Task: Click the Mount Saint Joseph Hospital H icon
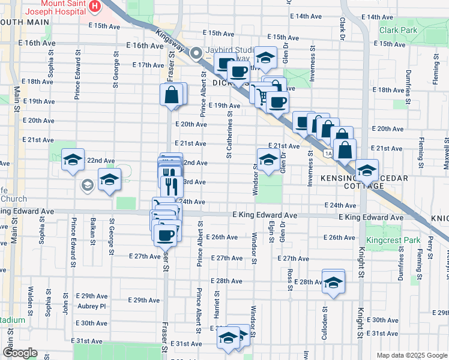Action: [94, 7]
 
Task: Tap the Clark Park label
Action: [398, 29]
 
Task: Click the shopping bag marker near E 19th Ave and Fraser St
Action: [172, 94]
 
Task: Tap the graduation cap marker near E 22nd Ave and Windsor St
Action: [268, 160]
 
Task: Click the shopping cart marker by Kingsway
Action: [262, 94]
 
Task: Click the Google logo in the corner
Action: [20, 353]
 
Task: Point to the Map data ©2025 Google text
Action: [411, 355]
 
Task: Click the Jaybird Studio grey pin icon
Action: [196, 54]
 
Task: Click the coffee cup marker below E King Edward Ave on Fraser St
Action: [165, 233]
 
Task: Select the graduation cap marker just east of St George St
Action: [109, 179]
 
